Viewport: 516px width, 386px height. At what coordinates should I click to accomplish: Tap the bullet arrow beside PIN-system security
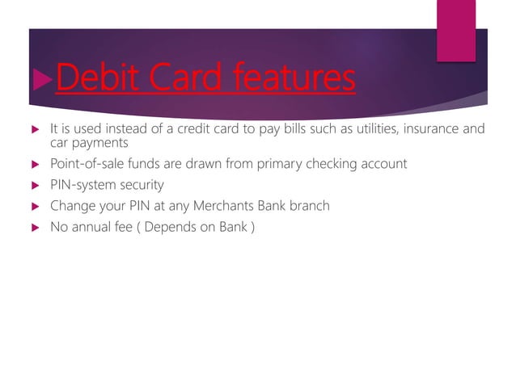click(x=32, y=186)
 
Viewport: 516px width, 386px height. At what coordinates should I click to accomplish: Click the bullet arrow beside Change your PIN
click(x=32, y=207)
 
